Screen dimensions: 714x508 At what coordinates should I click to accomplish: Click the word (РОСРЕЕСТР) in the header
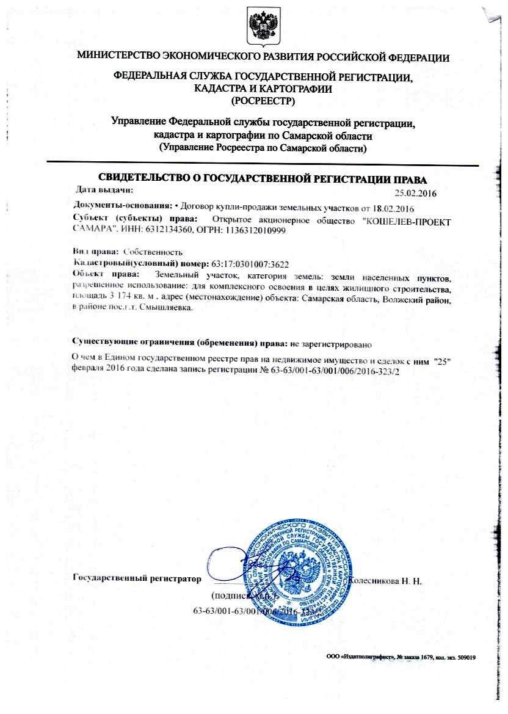[263, 100]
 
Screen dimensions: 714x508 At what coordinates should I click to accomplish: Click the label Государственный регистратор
[136, 578]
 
